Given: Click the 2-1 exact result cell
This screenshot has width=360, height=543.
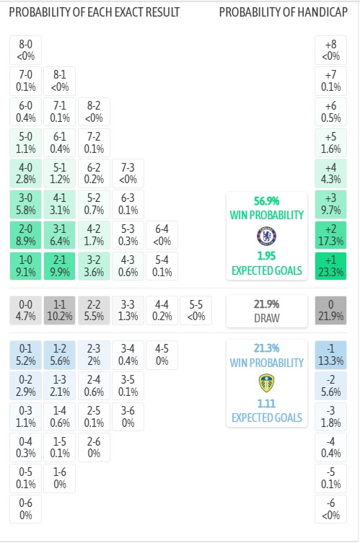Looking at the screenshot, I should point(60,266).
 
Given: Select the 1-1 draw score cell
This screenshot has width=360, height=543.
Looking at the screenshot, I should point(60,309).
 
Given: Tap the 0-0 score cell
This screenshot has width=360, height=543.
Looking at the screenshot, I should point(26,309).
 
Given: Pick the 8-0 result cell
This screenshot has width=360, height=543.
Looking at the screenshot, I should point(26,50).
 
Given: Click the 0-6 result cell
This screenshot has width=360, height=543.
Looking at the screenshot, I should point(26,508).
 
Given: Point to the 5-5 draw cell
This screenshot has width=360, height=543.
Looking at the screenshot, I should point(196,309).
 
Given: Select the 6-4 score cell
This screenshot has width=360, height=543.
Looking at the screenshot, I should point(162,235).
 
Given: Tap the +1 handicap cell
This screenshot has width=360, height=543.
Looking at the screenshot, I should point(331,266).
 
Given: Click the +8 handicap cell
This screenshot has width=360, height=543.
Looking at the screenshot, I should point(331,50).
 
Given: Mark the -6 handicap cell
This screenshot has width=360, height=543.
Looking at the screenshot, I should point(331,508).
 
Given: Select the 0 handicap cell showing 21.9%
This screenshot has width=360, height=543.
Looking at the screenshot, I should point(331,309).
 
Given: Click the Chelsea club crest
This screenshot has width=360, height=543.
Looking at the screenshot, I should point(267,236).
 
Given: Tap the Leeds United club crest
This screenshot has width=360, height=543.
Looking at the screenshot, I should point(267,383).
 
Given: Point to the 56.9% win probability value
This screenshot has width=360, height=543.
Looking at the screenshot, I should point(267,201).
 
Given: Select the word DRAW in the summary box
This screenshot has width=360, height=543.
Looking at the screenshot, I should point(267,317).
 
